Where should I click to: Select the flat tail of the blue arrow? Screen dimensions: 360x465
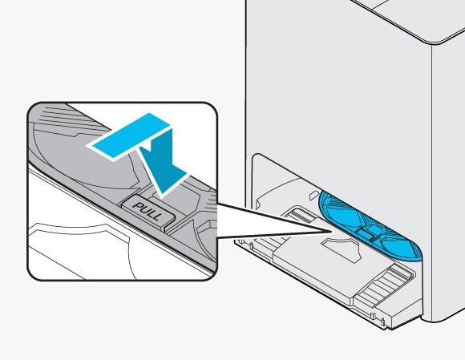coord(128,136)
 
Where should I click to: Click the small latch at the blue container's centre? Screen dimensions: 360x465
coord(367,231)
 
